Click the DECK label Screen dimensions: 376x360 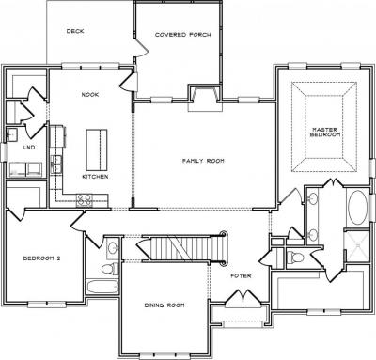pyautogui.click(x=75, y=31)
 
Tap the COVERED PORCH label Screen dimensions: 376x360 pyautogui.click(x=182, y=35)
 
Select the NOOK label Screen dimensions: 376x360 pyautogui.click(x=90, y=94)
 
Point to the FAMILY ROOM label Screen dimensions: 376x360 pyautogui.click(x=203, y=161)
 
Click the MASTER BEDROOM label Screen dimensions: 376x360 pyautogui.click(x=325, y=132)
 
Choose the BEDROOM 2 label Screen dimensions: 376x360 pyautogui.click(x=41, y=258)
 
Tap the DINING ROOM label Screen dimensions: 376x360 pyautogui.click(x=164, y=305)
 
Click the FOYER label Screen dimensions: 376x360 pyautogui.click(x=241, y=275)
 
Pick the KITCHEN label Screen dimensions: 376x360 pyautogui.click(x=95, y=177)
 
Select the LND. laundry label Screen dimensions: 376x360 pyautogui.click(x=30, y=148)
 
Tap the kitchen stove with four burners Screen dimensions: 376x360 pyautogui.click(x=85, y=200)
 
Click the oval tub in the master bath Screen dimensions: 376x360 pyautogui.click(x=357, y=208)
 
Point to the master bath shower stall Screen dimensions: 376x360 pyautogui.click(x=356, y=246)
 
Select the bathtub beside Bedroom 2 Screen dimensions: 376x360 pyautogui.click(x=102, y=287)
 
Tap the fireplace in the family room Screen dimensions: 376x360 pyautogui.click(x=205, y=98)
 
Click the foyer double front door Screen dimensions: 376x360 pyautogui.click(x=243, y=299)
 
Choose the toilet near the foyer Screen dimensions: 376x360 pyautogui.click(x=295, y=258)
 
